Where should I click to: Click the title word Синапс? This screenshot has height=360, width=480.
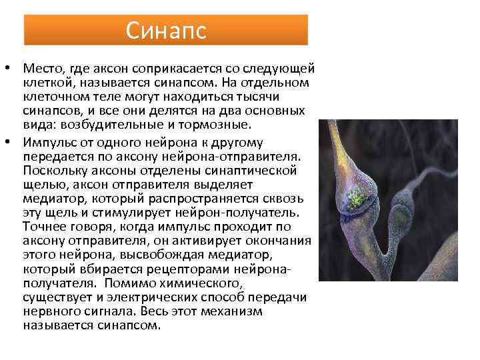tap(166, 30)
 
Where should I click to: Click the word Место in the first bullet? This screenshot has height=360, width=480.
tap(41, 69)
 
